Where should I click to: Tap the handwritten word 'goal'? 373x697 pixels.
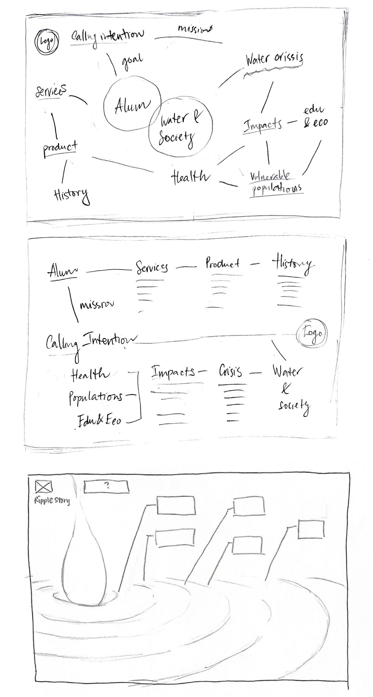click(132, 59)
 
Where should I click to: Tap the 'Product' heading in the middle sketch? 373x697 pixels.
click(223, 264)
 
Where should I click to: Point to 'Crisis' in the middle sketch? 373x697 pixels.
click(230, 371)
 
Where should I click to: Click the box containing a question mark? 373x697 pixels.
click(107, 486)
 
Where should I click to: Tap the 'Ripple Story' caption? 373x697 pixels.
click(52, 501)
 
